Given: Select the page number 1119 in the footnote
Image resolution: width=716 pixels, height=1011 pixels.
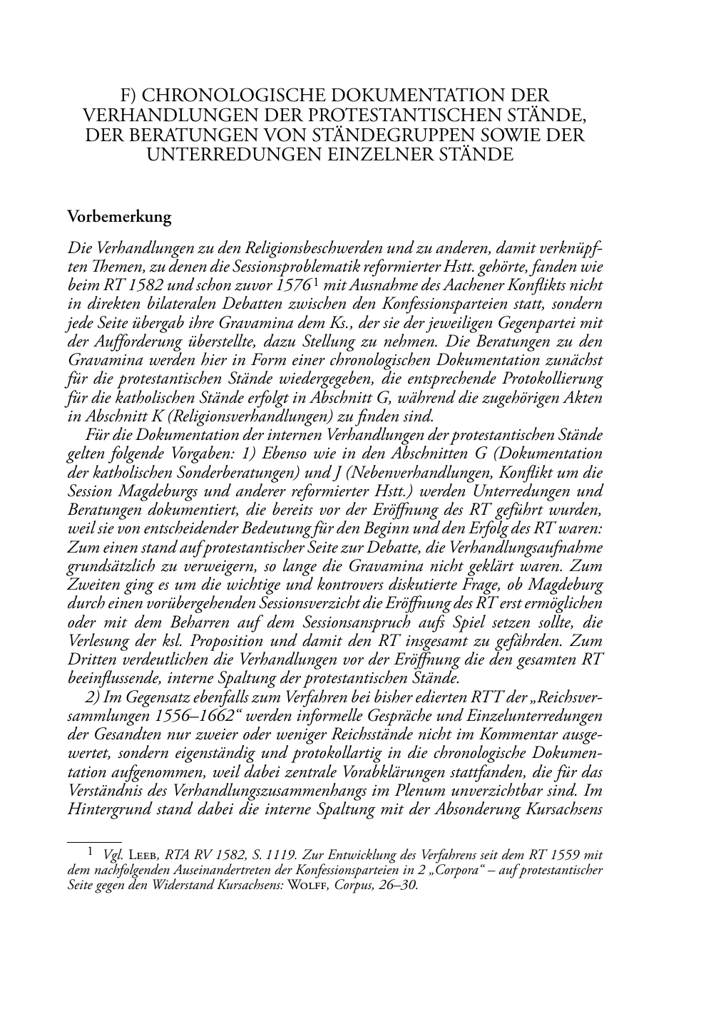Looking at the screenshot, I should pyautogui.click(x=280, y=854).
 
